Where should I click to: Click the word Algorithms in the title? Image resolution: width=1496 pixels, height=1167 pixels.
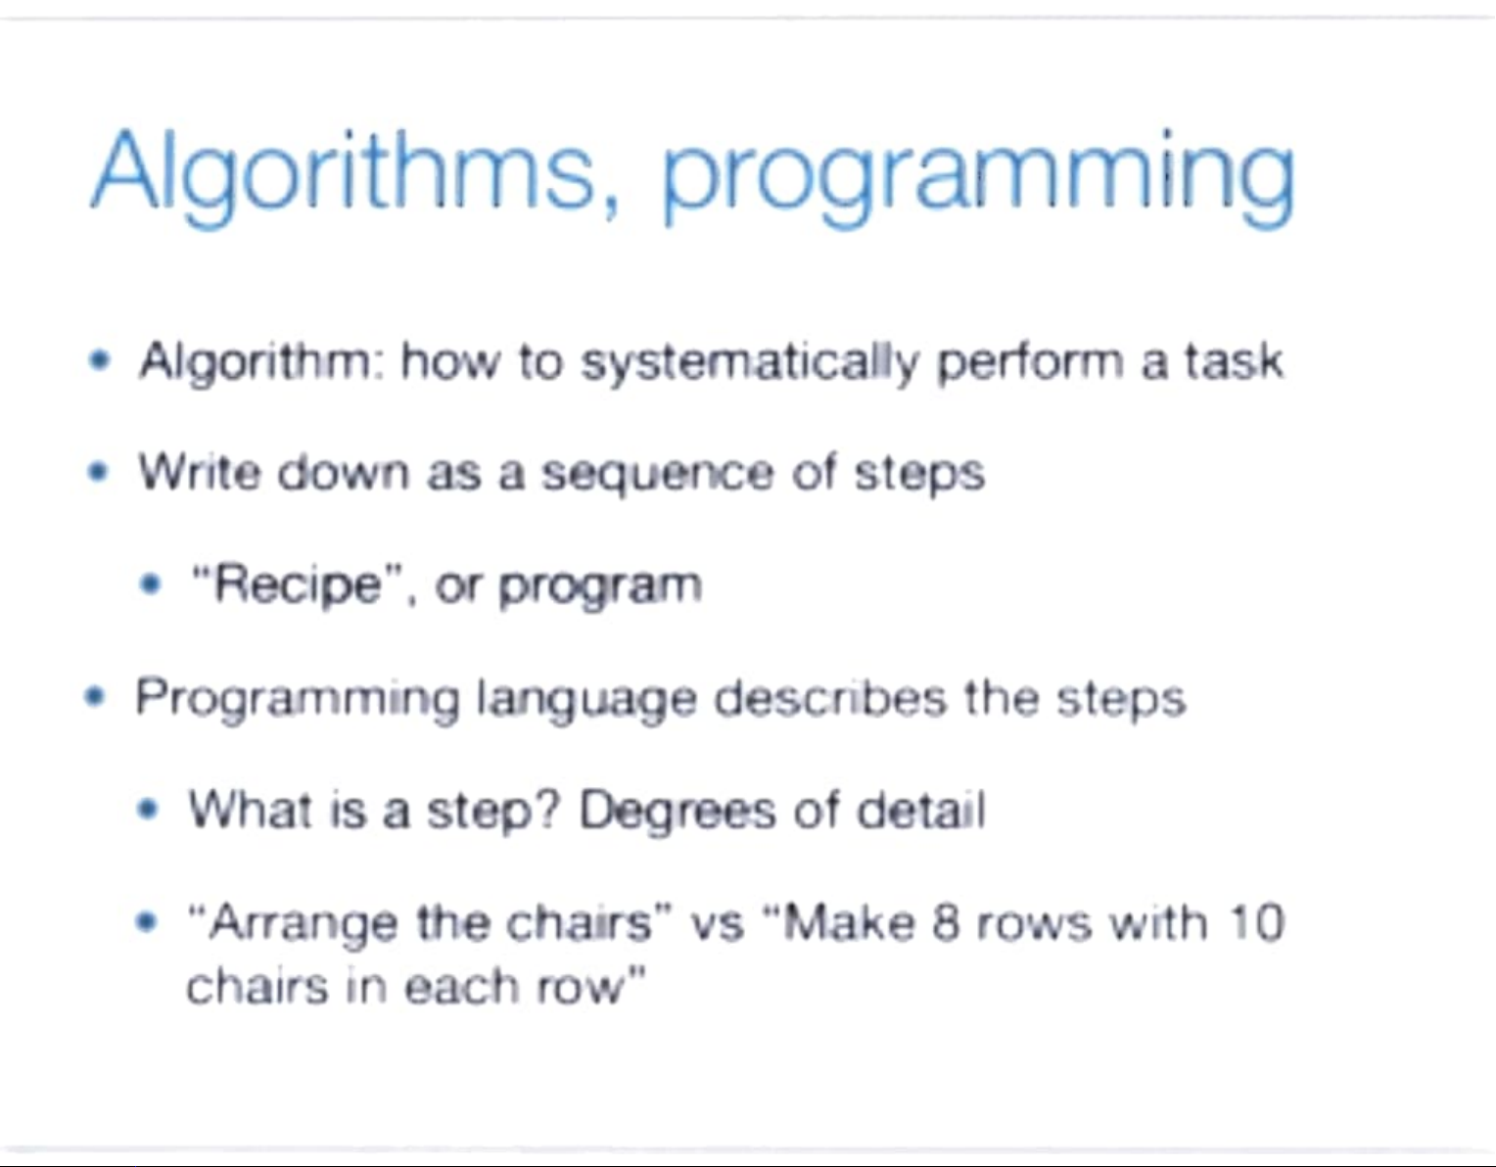[351, 175]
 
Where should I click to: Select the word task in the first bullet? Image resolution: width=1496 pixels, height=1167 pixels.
[1233, 360]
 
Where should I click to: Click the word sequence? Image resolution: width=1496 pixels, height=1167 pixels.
[658, 475]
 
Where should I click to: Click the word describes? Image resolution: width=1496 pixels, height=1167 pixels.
[829, 698]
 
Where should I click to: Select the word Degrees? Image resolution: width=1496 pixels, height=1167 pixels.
[678, 812]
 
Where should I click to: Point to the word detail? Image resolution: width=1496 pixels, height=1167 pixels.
[921, 810]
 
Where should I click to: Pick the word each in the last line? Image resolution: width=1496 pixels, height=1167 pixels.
[461, 987]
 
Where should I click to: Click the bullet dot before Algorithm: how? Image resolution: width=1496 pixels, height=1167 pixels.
[101, 360]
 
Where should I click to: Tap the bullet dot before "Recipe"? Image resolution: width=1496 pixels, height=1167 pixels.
[150, 585]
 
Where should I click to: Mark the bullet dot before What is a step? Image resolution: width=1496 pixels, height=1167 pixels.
[148, 810]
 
